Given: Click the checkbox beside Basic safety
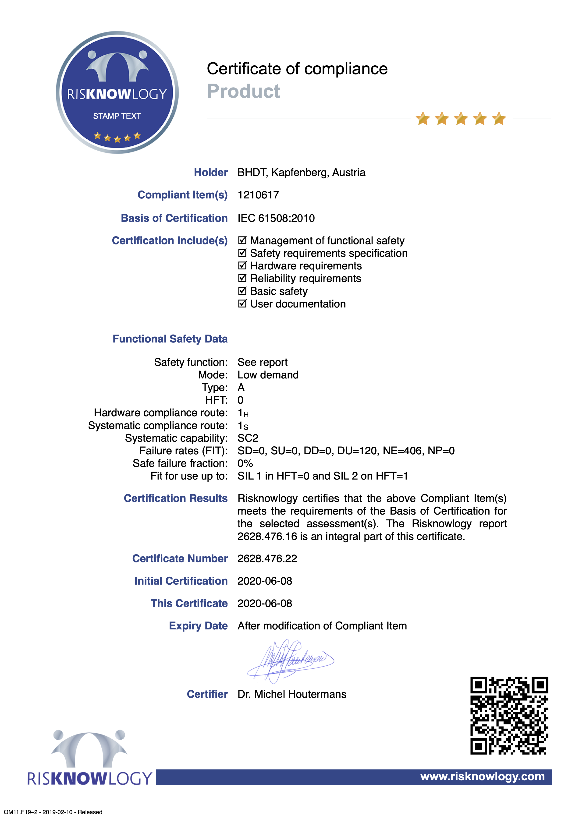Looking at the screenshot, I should pos(242,291).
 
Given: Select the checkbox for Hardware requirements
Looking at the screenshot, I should pos(242,266).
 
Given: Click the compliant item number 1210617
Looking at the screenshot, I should pos(258,195).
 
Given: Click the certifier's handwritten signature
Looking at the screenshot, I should pos(290,661).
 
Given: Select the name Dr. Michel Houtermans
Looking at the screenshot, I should pos(292,694).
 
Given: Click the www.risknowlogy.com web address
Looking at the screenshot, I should pos(482,776).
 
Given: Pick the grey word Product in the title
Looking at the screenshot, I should pos(243,91).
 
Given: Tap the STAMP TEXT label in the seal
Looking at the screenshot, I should pos(117,116).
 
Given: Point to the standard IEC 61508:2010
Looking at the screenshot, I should pos(276,218).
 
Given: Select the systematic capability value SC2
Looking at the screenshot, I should pos(248,438).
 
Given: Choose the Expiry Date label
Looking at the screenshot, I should pos(198,626).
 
